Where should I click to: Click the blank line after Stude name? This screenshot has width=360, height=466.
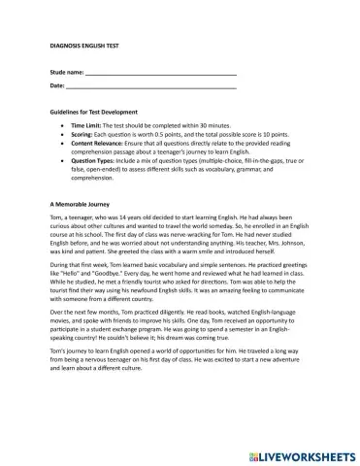coord(161,75)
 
